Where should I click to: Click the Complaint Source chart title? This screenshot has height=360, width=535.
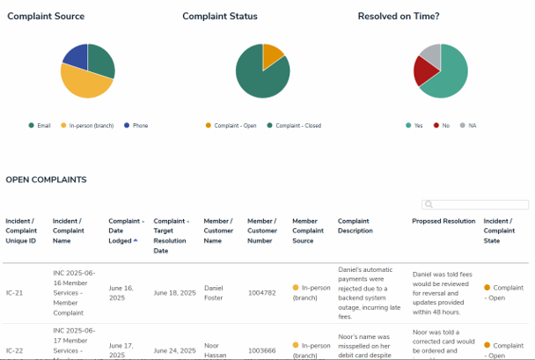click(45, 16)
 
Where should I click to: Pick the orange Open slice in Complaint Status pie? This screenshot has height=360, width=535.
click(272, 55)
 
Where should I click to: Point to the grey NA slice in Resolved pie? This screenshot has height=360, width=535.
click(430, 55)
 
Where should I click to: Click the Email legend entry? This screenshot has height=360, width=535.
click(40, 126)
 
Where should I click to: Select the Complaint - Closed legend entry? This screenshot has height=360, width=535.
click(294, 126)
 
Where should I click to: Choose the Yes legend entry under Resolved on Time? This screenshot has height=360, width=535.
click(414, 126)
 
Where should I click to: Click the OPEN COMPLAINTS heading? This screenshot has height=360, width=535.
click(46, 180)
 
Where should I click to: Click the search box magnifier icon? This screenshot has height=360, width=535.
click(429, 205)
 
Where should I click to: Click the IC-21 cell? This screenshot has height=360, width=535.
click(14, 292)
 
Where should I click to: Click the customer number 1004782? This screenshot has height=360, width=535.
click(262, 292)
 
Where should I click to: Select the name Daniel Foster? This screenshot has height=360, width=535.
click(214, 292)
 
